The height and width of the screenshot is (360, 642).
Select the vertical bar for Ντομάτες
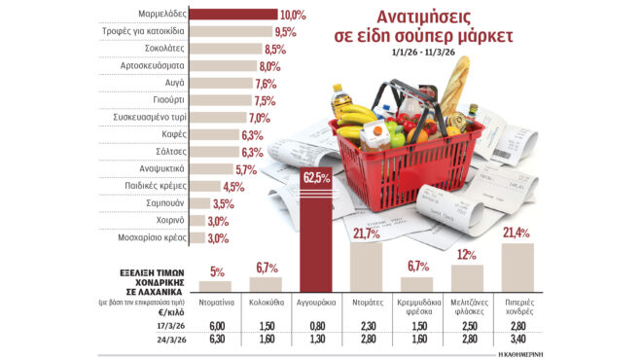click(x=367, y=267)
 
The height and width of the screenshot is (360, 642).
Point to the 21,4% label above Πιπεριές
click(x=517, y=232)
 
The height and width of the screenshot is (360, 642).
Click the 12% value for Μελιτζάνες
click(x=467, y=256)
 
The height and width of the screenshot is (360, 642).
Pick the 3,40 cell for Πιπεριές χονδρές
click(x=517, y=341)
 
